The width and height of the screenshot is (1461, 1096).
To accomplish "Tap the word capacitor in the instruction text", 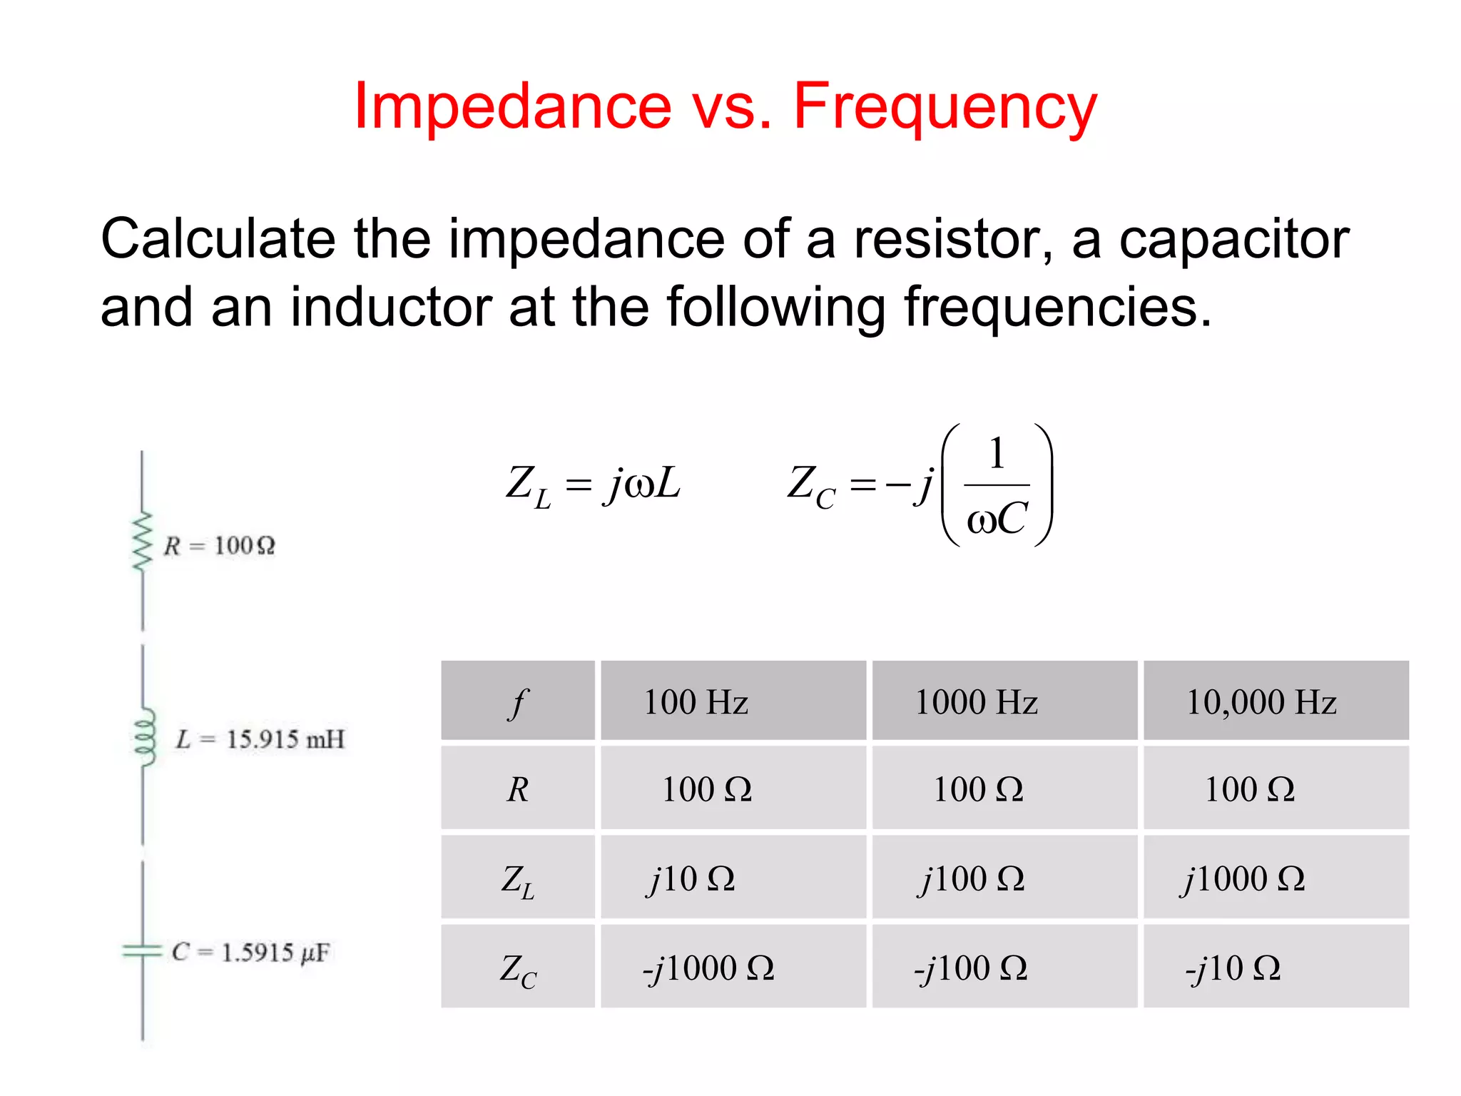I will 1233,239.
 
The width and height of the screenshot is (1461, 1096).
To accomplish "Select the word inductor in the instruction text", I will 391,307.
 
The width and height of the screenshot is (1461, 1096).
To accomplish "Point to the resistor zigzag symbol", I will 143,542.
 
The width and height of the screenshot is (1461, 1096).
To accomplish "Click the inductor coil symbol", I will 145,738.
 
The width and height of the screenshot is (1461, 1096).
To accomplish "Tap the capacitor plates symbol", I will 142,950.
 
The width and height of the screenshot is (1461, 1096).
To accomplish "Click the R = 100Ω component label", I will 220,546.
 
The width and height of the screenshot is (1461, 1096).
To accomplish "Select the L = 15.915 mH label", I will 260,739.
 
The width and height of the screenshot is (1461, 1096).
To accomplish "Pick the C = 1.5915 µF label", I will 250,953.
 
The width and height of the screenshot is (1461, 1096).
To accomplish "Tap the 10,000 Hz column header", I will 1261,702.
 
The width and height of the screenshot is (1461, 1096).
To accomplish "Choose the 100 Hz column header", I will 696,702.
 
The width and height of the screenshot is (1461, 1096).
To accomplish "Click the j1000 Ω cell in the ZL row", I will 1243,878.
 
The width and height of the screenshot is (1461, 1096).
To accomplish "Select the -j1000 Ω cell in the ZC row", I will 708,968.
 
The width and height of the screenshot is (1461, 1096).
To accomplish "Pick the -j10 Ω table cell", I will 1233,968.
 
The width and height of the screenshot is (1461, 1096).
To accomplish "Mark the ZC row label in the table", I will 518,970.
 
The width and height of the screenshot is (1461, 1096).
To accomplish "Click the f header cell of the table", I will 518,703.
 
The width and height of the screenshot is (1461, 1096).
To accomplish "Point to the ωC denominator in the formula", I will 997,519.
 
